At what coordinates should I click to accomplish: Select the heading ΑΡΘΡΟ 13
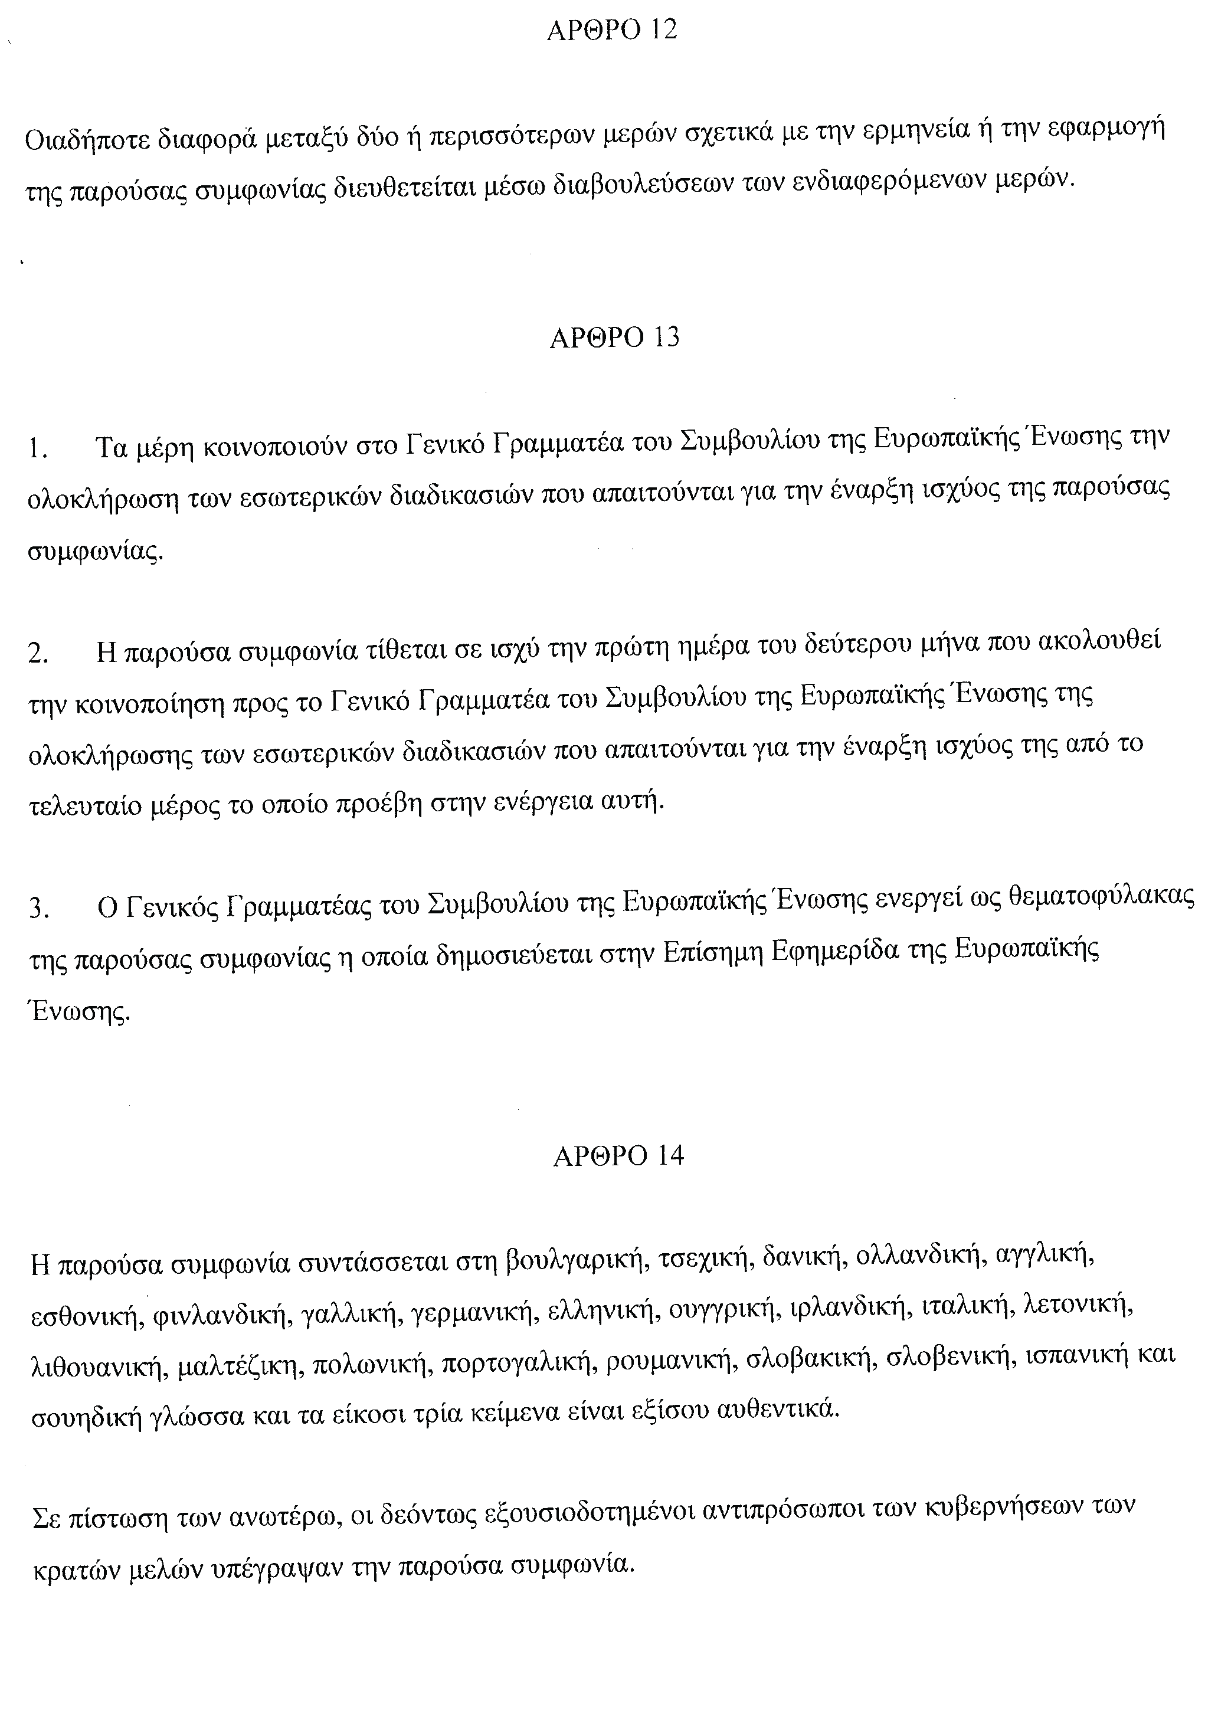click(614, 338)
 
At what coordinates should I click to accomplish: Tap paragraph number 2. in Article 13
click(38, 654)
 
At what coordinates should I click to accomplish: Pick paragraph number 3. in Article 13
click(38, 909)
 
